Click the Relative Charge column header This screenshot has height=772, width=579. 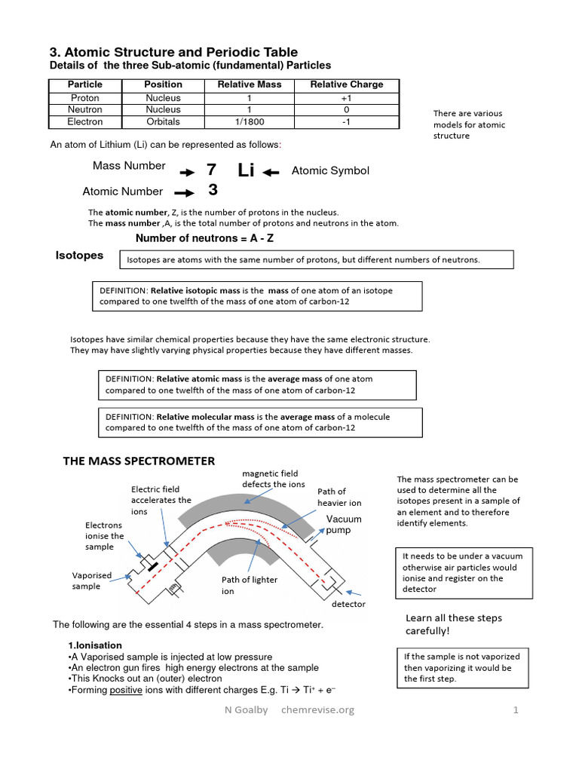pos(347,84)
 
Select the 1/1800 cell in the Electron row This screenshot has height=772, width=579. pos(250,121)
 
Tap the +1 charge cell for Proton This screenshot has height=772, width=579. pos(347,98)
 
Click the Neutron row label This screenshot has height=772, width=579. pos(84,109)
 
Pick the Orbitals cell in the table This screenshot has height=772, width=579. pos(163,121)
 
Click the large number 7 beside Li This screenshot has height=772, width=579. pos(211,170)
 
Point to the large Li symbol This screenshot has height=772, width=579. pos(246,170)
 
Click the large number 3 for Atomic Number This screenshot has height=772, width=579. pos(213,191)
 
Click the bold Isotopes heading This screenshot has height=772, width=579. pos(79,256)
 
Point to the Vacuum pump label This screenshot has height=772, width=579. pos(344,525)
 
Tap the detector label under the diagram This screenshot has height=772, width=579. pos(348,604)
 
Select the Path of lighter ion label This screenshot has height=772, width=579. pos(249,586)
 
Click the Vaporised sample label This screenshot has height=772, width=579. pos(92,581)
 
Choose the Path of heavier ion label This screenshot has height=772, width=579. pos(339,497)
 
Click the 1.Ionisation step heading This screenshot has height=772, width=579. pos(95,645)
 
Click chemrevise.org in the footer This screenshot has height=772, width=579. pos(317,709)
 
